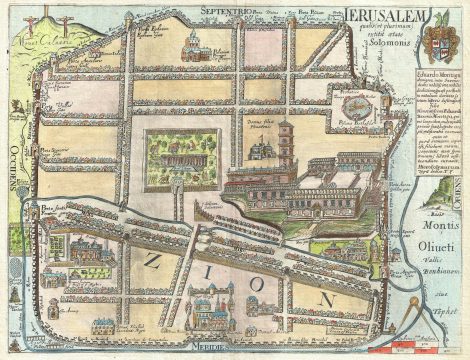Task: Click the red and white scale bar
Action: (400, 351)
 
